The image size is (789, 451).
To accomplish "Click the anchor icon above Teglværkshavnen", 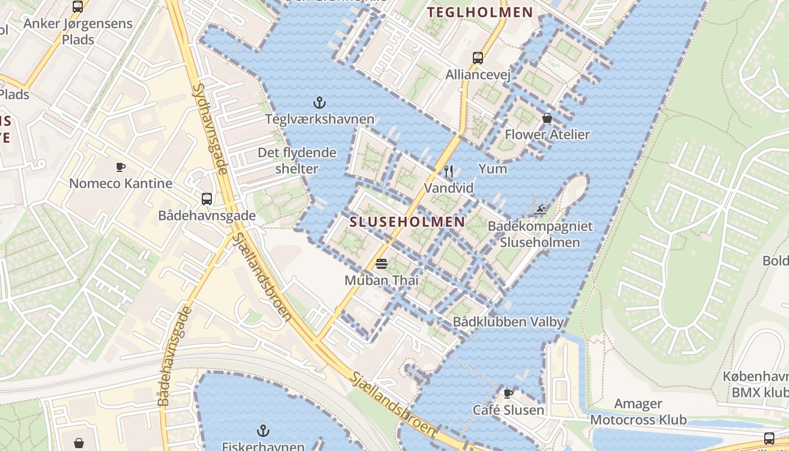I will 320,103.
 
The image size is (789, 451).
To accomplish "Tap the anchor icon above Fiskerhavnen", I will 263,431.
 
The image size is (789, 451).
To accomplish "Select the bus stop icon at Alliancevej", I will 478,58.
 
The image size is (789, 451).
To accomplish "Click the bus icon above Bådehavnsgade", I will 207,198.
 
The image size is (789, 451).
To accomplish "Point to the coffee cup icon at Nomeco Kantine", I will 121,167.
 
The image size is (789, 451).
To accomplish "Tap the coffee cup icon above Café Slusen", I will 508,393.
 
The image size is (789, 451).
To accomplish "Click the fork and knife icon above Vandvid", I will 449,171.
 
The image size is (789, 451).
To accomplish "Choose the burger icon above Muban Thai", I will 382,263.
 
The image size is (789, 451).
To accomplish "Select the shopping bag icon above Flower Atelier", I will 547,118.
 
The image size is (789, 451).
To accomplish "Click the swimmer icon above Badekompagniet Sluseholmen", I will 540,210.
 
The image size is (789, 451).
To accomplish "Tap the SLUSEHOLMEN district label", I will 407,222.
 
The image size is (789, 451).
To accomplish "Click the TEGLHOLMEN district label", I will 480,12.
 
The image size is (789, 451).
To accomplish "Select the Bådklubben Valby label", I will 508,322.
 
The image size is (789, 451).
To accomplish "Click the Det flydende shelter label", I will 296,161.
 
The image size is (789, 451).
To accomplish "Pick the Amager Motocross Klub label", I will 638,412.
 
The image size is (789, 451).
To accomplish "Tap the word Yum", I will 493,169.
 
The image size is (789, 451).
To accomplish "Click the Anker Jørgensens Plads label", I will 78,32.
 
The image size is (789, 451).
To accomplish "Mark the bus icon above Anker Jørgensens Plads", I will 78,7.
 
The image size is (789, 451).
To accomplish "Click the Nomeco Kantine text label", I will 121,184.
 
